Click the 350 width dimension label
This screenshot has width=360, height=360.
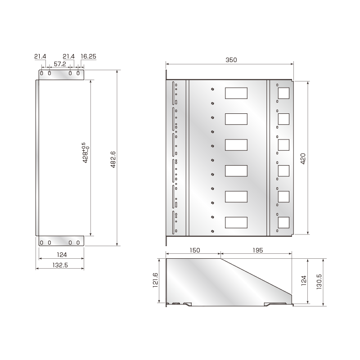(231, 60)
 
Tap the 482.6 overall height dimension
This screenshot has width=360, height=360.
(113, 158)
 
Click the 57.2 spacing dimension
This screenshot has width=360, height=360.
(60, 64)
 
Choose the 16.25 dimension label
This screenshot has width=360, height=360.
(88, 56)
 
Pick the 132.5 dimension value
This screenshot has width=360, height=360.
(60, 265)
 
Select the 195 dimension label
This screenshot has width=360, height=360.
(256, 250)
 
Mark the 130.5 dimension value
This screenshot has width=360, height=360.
(320, 282)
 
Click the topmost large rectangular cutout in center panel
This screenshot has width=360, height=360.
(236, 93)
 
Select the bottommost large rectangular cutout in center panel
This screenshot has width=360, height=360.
(236, 223)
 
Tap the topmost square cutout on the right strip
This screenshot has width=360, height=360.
(283, 93)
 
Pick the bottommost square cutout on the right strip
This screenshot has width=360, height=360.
(283, 223)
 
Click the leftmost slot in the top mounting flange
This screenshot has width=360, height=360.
(42, 73)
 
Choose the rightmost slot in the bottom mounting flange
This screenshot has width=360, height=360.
(78, 243)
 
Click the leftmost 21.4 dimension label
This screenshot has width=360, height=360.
(40, 56)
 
